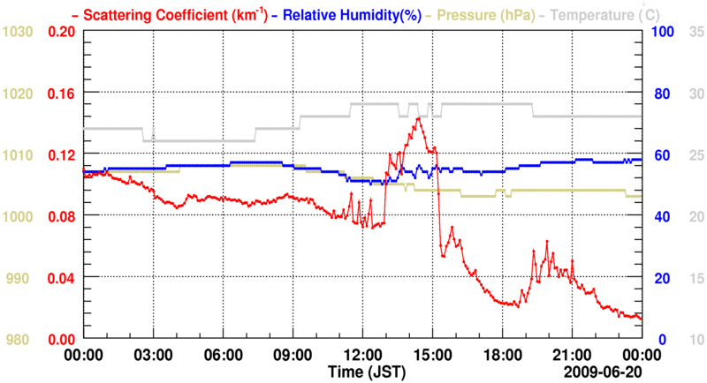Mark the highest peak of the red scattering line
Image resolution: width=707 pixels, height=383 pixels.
pos(416,117)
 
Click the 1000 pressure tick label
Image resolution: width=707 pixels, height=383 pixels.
pos(19,216)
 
